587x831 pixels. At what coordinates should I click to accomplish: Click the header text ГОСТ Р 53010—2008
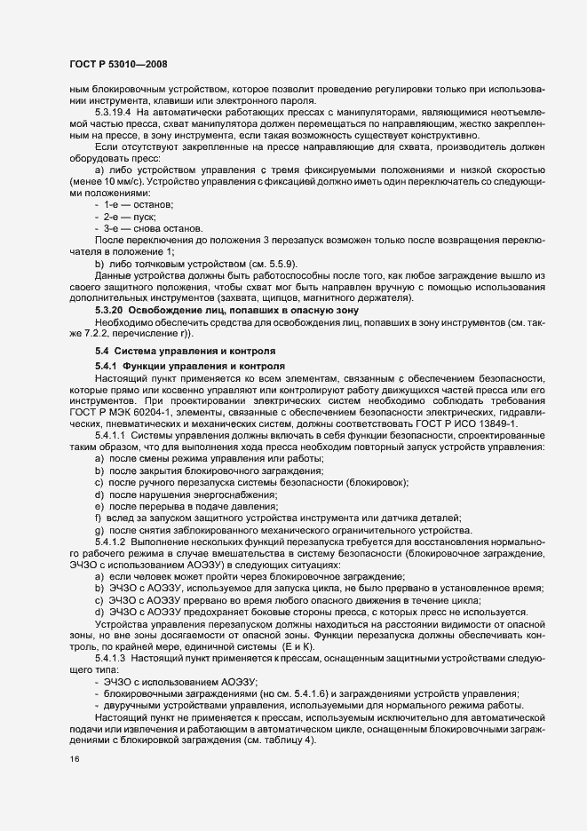(x=118, y=65)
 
